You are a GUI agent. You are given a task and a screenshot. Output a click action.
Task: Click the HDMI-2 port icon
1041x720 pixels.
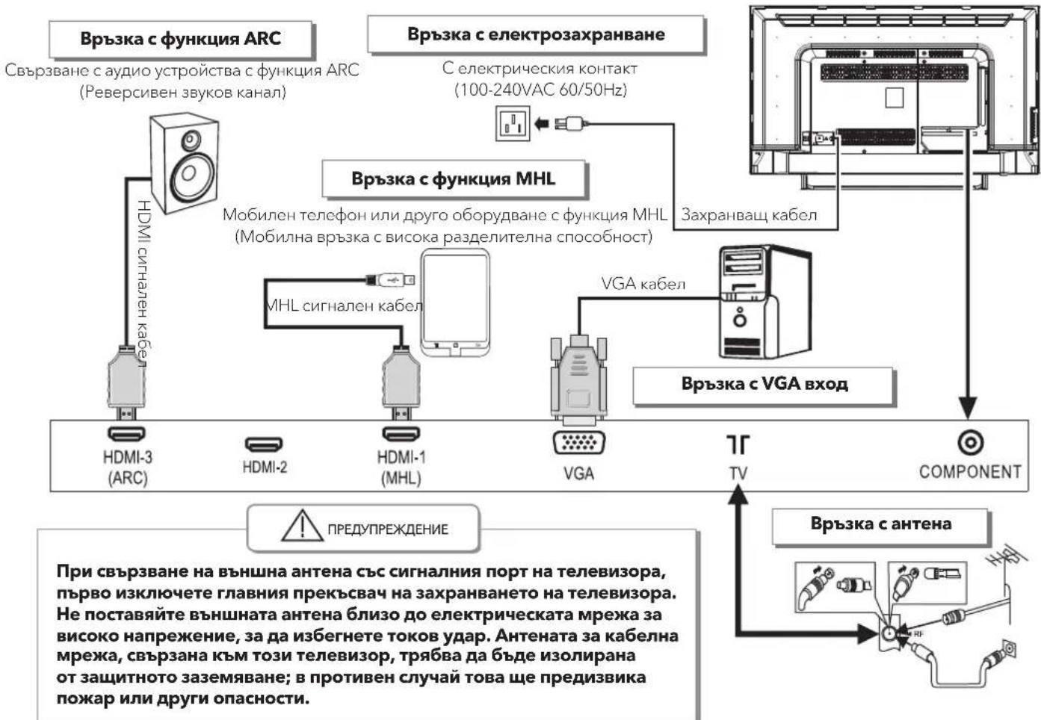coord(264,444)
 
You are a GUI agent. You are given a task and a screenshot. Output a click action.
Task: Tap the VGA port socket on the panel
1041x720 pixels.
coord(578,442)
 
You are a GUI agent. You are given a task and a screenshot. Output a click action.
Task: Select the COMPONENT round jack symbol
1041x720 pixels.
coord(971,442)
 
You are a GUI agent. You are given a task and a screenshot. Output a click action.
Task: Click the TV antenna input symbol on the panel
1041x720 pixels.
coord(738,444)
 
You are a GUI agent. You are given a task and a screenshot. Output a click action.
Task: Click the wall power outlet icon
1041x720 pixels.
coord(513,123)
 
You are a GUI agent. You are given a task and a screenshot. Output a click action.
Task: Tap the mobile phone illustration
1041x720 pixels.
coord(455,303)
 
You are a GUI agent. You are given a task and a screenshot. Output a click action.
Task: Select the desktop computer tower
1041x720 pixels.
coord(764,302)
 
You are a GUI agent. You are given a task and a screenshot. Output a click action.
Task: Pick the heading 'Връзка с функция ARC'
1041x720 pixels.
coord(180,39)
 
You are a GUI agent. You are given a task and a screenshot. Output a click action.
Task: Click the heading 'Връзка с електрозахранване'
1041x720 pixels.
coord(536,34)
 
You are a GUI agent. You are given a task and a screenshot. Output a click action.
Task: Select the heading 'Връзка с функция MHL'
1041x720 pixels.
coord(453,179)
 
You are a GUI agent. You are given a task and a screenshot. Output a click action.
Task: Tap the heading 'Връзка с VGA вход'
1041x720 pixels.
coord(764,384)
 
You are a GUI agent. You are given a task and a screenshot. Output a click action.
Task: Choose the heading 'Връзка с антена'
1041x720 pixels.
coord(880,524)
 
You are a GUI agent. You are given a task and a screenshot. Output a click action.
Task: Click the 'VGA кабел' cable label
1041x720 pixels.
coord(643,283)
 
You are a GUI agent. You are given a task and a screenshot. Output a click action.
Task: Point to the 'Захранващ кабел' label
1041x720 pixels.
coord(749,215)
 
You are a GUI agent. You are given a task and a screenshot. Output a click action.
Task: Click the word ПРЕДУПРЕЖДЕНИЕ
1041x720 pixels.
coord(388,529)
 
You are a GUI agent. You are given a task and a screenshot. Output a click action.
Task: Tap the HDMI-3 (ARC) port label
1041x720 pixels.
coord(127,468)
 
